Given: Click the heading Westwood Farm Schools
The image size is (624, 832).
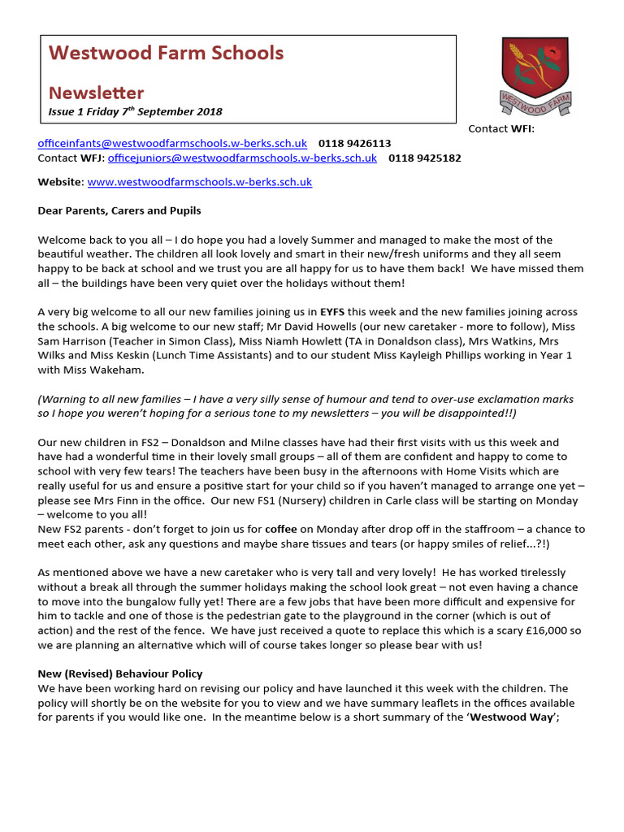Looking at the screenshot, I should (x=166, y=54).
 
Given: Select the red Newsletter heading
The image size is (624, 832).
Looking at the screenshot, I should (x=96, y=93).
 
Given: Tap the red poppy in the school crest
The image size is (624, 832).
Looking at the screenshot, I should (x=552, y=55).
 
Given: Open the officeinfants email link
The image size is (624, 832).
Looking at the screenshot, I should (x=172, y=143).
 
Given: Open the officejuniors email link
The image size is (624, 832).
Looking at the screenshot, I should (x=242, y=158).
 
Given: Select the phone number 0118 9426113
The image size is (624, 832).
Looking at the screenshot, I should (x=354, y=143).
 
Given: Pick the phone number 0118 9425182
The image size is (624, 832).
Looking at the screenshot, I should (x=424, y=158).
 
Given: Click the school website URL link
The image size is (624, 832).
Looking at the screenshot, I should (x=199, y=182).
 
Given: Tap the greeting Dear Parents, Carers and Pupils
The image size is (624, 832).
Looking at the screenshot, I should (x=119, y=210).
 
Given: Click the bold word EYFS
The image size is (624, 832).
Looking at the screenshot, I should (x=332, y=312).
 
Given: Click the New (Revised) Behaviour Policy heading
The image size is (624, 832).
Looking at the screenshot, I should (x=120, y=674).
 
